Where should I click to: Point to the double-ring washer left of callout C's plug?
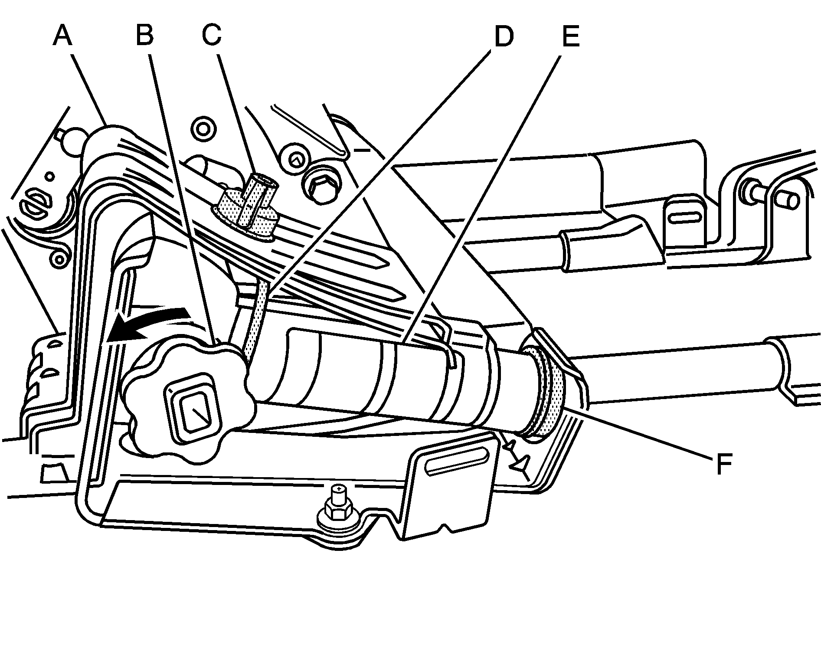pos(203,128)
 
